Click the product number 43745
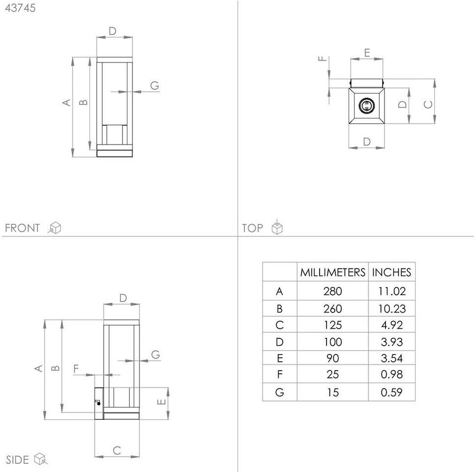(20, 8)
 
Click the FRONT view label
(22, 228)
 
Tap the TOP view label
(252, 228)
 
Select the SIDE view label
(17, 460)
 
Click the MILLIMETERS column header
(333, 272)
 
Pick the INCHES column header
(391, 272)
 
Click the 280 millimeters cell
(333, 291)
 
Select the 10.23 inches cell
(391, 308)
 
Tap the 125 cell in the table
(333, 325)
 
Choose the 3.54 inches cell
(391, 358)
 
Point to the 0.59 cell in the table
(391, 392)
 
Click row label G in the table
(279, 392)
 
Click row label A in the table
(279, 291)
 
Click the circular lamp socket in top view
(366, 106)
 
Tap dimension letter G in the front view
(154, 86)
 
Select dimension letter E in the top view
(367, 53)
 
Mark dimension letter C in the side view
(117, 450)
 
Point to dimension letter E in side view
(161, 402)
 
